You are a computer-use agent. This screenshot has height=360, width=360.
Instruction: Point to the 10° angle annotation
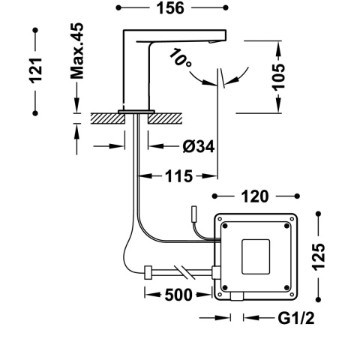(x=180, y=58)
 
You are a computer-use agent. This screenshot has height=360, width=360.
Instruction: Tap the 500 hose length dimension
(x=178, y=294)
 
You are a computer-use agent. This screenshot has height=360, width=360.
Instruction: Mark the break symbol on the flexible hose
(x=181, y=271)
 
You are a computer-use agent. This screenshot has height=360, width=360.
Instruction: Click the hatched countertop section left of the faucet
(x=105, y=117)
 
